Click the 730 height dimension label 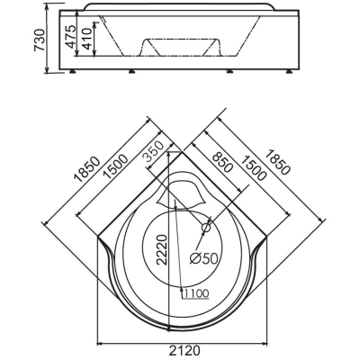(x=40, y=40)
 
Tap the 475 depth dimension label (x=71, y=37)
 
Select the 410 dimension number (x=85, y=39)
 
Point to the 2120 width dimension (x=183, y=350)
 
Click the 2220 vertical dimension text (x=162, y=249)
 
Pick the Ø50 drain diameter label (x=204, y=258)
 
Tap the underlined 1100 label (x=195, y=294)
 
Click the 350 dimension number (x=153, y=151)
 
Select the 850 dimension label (x=222, y=162)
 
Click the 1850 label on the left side (x=87, y=169)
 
